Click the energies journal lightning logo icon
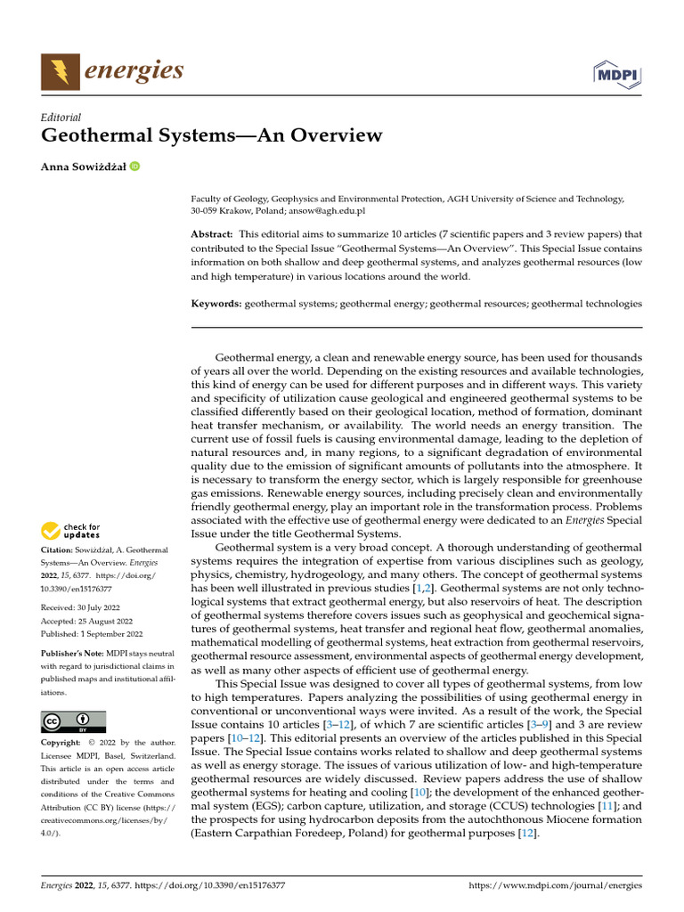pos(59,70)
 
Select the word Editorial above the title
pos(61,117)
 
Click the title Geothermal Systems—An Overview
pos(211,136)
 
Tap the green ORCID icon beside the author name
pos(134,166)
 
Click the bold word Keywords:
pos(216,304)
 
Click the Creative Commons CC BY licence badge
pos(73,721)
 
